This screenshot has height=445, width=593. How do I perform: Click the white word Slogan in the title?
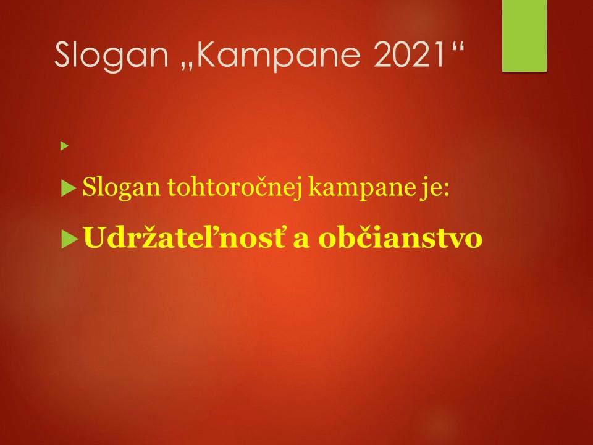point(112,56)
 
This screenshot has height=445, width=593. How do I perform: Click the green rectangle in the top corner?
point(524,36)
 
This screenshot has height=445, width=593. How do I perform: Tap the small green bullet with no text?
point(64,146)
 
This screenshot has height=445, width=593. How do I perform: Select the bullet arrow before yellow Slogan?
point(69,188)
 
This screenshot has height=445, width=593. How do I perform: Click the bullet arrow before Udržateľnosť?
point(70,239)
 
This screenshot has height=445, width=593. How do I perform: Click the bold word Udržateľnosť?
point(185,237)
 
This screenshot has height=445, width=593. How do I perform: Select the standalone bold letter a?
point(301,240)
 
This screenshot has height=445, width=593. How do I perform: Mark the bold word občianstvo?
point(400,237)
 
